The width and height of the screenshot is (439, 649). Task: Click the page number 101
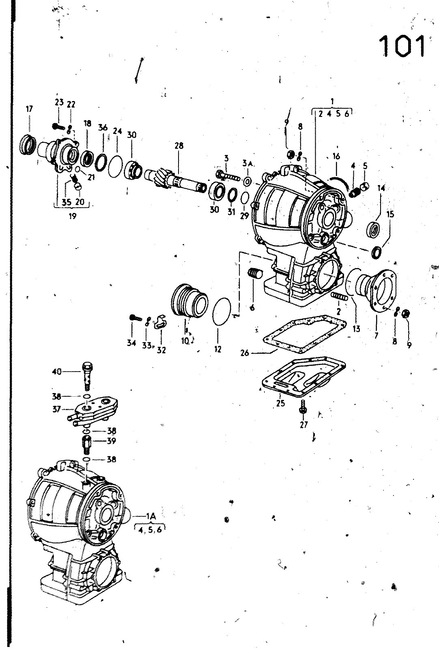(x=402, y=46)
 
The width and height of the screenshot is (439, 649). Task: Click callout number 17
(x=29, y=109)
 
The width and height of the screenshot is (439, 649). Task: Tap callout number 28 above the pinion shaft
(x=179, y=146)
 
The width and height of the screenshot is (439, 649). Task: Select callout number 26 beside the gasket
(x=245, y=353)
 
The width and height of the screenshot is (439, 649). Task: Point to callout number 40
(x=57, y=372)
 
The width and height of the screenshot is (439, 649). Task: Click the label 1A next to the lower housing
(x=151, y=516)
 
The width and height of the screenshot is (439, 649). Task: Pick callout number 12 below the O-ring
(x=217, y=349)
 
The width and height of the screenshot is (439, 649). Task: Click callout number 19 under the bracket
(x=72, y=216)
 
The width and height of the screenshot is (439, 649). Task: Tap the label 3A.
(x=248, y=164)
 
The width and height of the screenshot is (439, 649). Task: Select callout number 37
(x=56, y=409)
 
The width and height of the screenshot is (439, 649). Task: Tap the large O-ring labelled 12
(x=213, y=312)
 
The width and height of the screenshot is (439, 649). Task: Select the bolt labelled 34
(x=135, y=318)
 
